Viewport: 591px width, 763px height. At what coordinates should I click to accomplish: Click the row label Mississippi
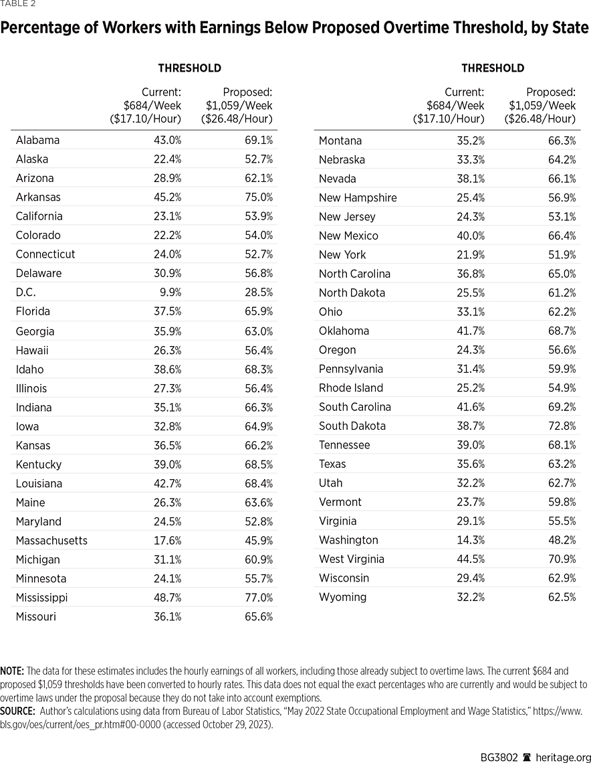tap(41, 598)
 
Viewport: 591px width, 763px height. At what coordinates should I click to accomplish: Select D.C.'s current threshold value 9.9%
tap(168, 292)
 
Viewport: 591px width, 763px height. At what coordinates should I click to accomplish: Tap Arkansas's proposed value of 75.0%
tap(259, 197)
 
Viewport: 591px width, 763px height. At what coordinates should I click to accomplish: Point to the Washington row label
tap(348, 540)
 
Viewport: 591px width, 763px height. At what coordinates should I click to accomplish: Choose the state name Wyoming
tap(342, 597)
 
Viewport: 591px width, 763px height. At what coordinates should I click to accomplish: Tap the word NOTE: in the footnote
tap(12, 671)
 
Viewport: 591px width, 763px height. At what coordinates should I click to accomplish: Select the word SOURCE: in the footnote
tap(17, 710)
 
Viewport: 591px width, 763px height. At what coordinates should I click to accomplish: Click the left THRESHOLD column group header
tap(189, 68)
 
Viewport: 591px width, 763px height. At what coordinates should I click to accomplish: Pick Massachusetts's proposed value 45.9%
tap(259, 540)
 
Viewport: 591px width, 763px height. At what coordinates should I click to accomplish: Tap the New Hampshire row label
tap(358, 197)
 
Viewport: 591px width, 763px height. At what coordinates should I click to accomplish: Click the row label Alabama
tap(37, 140)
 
